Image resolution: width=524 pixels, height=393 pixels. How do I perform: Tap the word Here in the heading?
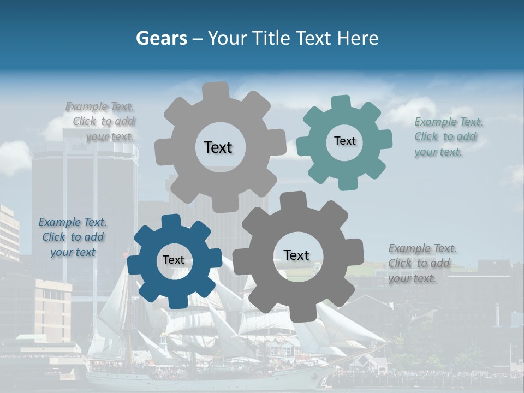pyautogui.click(x=358, y=38)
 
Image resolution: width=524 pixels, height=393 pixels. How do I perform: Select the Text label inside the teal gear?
pyautogui.click(x=344, y=141)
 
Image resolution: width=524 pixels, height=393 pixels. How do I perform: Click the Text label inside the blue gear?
pyautogui.click(x=174, y=260)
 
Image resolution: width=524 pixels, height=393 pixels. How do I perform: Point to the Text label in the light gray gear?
pyautogui.click(x=218, y=147)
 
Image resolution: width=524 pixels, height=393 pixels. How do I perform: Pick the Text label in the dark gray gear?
pyautogui.click(x=296, y=255)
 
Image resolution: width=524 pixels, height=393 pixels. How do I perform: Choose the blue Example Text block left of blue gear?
pyautogui.click(x=73, y=237)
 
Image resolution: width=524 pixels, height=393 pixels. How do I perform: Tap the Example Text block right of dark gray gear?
pyautogui.click(x=422, y=263)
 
